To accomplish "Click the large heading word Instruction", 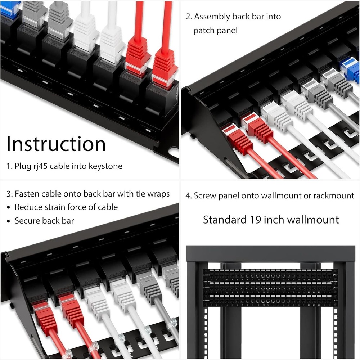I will point(56,144).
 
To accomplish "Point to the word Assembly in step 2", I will point(212,17).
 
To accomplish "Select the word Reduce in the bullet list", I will point(28,207).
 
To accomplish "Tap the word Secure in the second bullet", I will point(27,221).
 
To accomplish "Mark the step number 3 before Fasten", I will point(9,194).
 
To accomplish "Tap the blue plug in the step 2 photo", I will point(351,69).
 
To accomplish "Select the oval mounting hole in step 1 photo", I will point(173,153).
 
